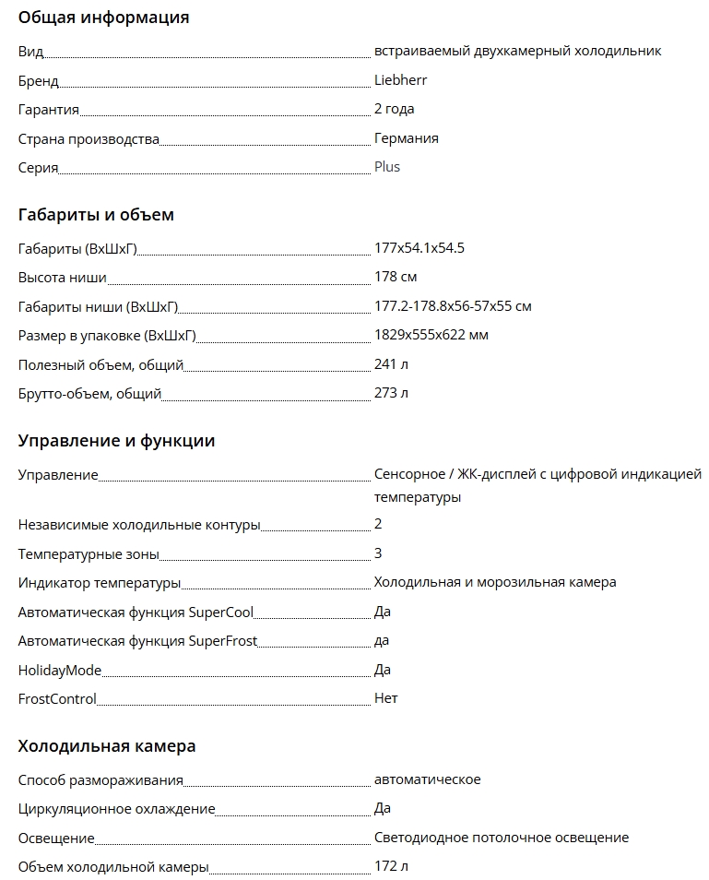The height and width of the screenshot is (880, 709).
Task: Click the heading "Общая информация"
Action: pos(103,18)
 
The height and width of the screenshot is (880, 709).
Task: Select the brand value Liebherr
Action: pos(400,80)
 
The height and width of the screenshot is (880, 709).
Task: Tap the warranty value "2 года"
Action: pos(394,109)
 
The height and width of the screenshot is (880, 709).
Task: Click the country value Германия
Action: pos(406,138)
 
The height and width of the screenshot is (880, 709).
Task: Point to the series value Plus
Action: pos(386,168)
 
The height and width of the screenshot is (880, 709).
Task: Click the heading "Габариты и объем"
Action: pos(96,215)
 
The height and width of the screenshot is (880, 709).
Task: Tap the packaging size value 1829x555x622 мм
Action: pos(431,335)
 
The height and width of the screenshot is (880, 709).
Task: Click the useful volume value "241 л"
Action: pos(391,364)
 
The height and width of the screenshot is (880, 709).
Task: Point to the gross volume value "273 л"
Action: pos(391,393)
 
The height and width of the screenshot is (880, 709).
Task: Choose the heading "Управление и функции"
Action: pos(116,441)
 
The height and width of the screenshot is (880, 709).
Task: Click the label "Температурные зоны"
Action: pos(89,554)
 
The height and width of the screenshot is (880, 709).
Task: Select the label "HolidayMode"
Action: pos(60,670)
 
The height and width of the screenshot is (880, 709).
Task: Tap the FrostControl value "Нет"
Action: pos(385,698)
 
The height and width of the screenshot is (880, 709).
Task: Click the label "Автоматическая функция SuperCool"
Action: pos(136,612)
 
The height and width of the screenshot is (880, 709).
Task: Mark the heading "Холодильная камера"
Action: pos(107,746)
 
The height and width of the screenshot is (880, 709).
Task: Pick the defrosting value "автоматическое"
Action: pos(427,779)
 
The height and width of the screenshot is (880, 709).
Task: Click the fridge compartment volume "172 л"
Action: pos(391,866)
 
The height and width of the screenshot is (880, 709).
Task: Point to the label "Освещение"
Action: pos(56,838)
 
